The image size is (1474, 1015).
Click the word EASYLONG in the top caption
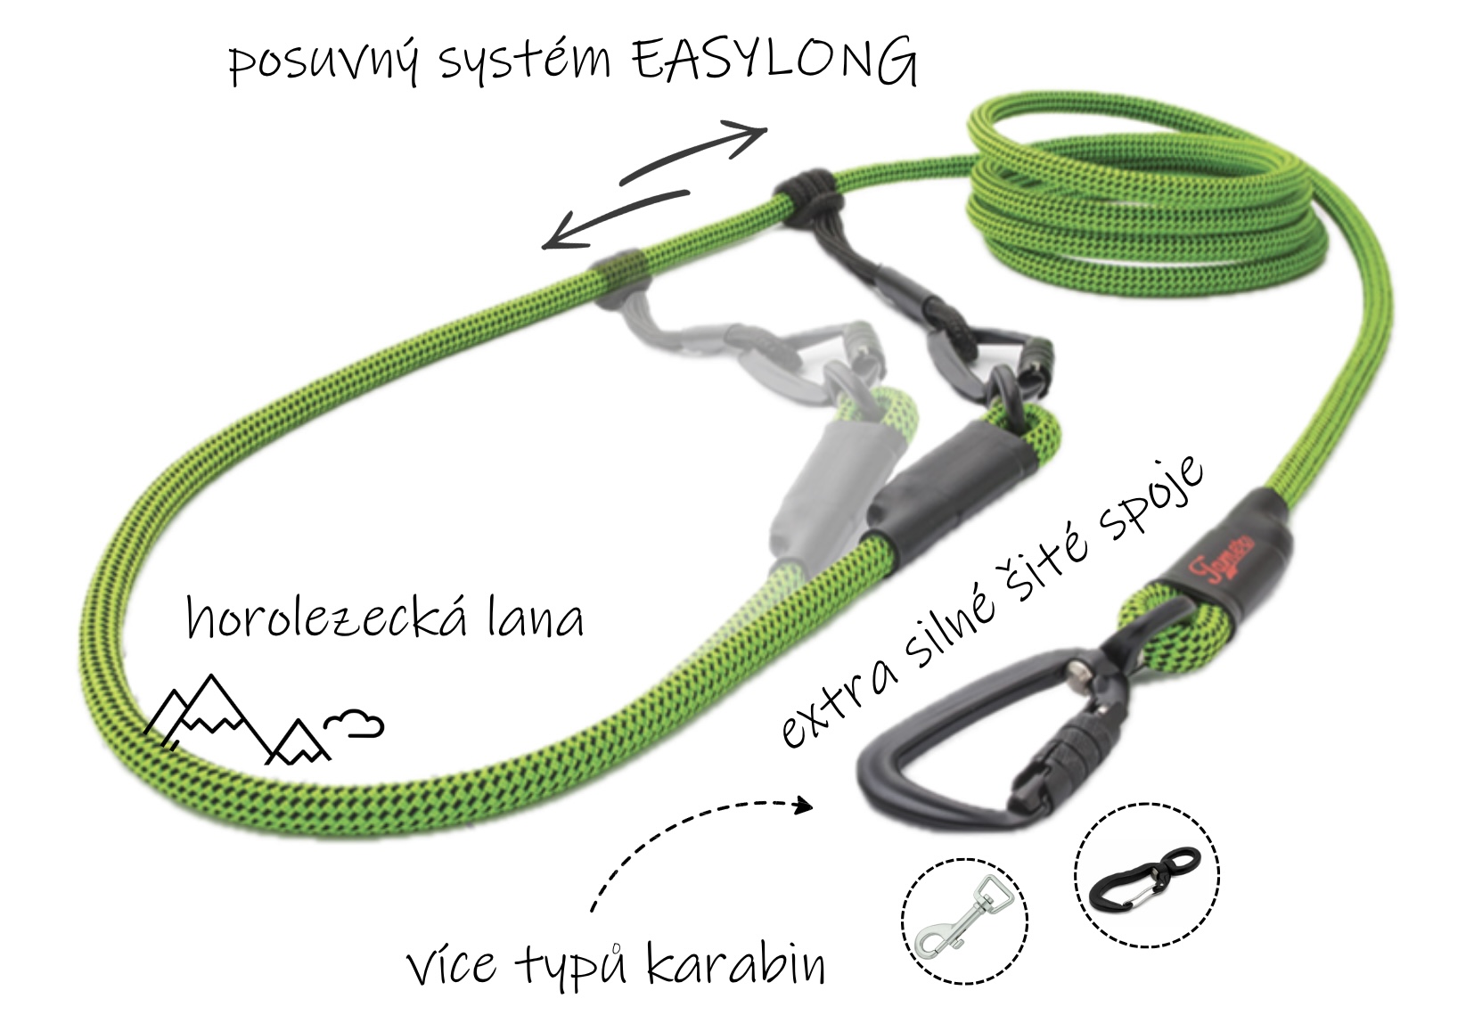[774, 61]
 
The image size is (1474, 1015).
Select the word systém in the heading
[524, 61]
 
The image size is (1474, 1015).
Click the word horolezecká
[327, 616]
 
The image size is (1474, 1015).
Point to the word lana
[535, 616]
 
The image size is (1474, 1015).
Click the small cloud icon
[354, 723]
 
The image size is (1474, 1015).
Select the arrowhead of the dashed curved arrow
[804, 806]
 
